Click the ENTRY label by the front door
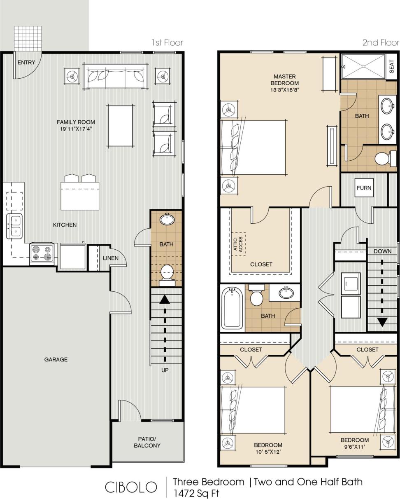[26, 63]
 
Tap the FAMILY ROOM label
[76, 122]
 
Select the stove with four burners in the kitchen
[42, 253]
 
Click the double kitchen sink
[14, 226]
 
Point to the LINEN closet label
[111, 258]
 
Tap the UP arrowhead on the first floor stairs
[165, 299]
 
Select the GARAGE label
[56, 359]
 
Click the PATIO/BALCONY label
[147, 442]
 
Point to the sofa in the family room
[115, 76]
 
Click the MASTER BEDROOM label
[284, 80]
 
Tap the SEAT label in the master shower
[391, 66]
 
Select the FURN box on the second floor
[364, 188]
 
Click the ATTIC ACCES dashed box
[238, 244]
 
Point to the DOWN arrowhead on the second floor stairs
[382, 322]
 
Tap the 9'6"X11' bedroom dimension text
[354, 447]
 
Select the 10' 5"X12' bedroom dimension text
[268, 452]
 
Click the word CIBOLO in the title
[131, 487]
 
